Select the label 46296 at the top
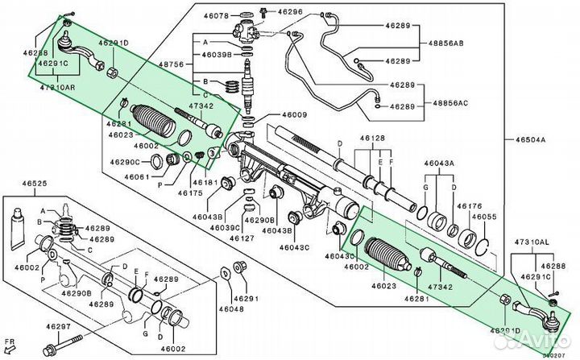click(x=292, y=12)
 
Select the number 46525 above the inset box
click(x=34, y=184)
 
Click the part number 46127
click(x=242, y=238)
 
